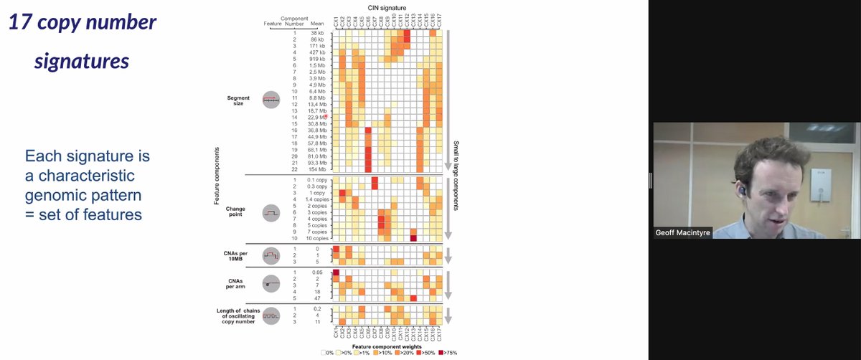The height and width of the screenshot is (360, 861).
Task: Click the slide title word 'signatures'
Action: [81, 61]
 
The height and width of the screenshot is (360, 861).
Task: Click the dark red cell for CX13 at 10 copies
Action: [414, 238]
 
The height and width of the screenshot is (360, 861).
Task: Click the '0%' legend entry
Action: [328, 353]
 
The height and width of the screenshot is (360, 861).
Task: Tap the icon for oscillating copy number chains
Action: [272, 315]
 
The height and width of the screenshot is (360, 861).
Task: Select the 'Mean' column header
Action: [317, 24]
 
